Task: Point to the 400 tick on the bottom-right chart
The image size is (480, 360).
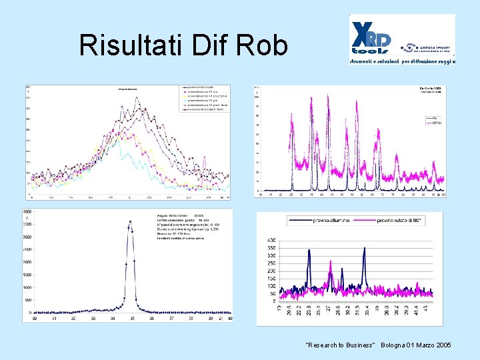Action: pos(271,239)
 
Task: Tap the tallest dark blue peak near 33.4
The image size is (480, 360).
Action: pos(364,249)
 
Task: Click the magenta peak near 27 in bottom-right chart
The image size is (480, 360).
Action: pos(331,263)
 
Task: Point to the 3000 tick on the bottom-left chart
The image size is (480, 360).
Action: pos(27,237)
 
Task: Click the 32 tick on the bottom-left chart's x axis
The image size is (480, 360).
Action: pos(73,319)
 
